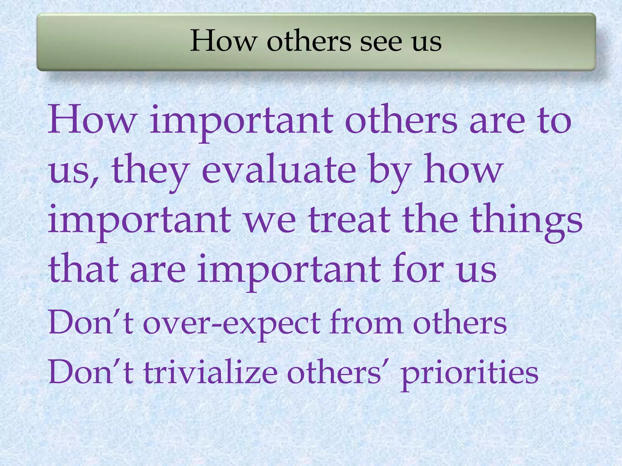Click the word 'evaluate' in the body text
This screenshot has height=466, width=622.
pos(279,170)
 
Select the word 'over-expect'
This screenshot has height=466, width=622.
pos(231,323)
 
